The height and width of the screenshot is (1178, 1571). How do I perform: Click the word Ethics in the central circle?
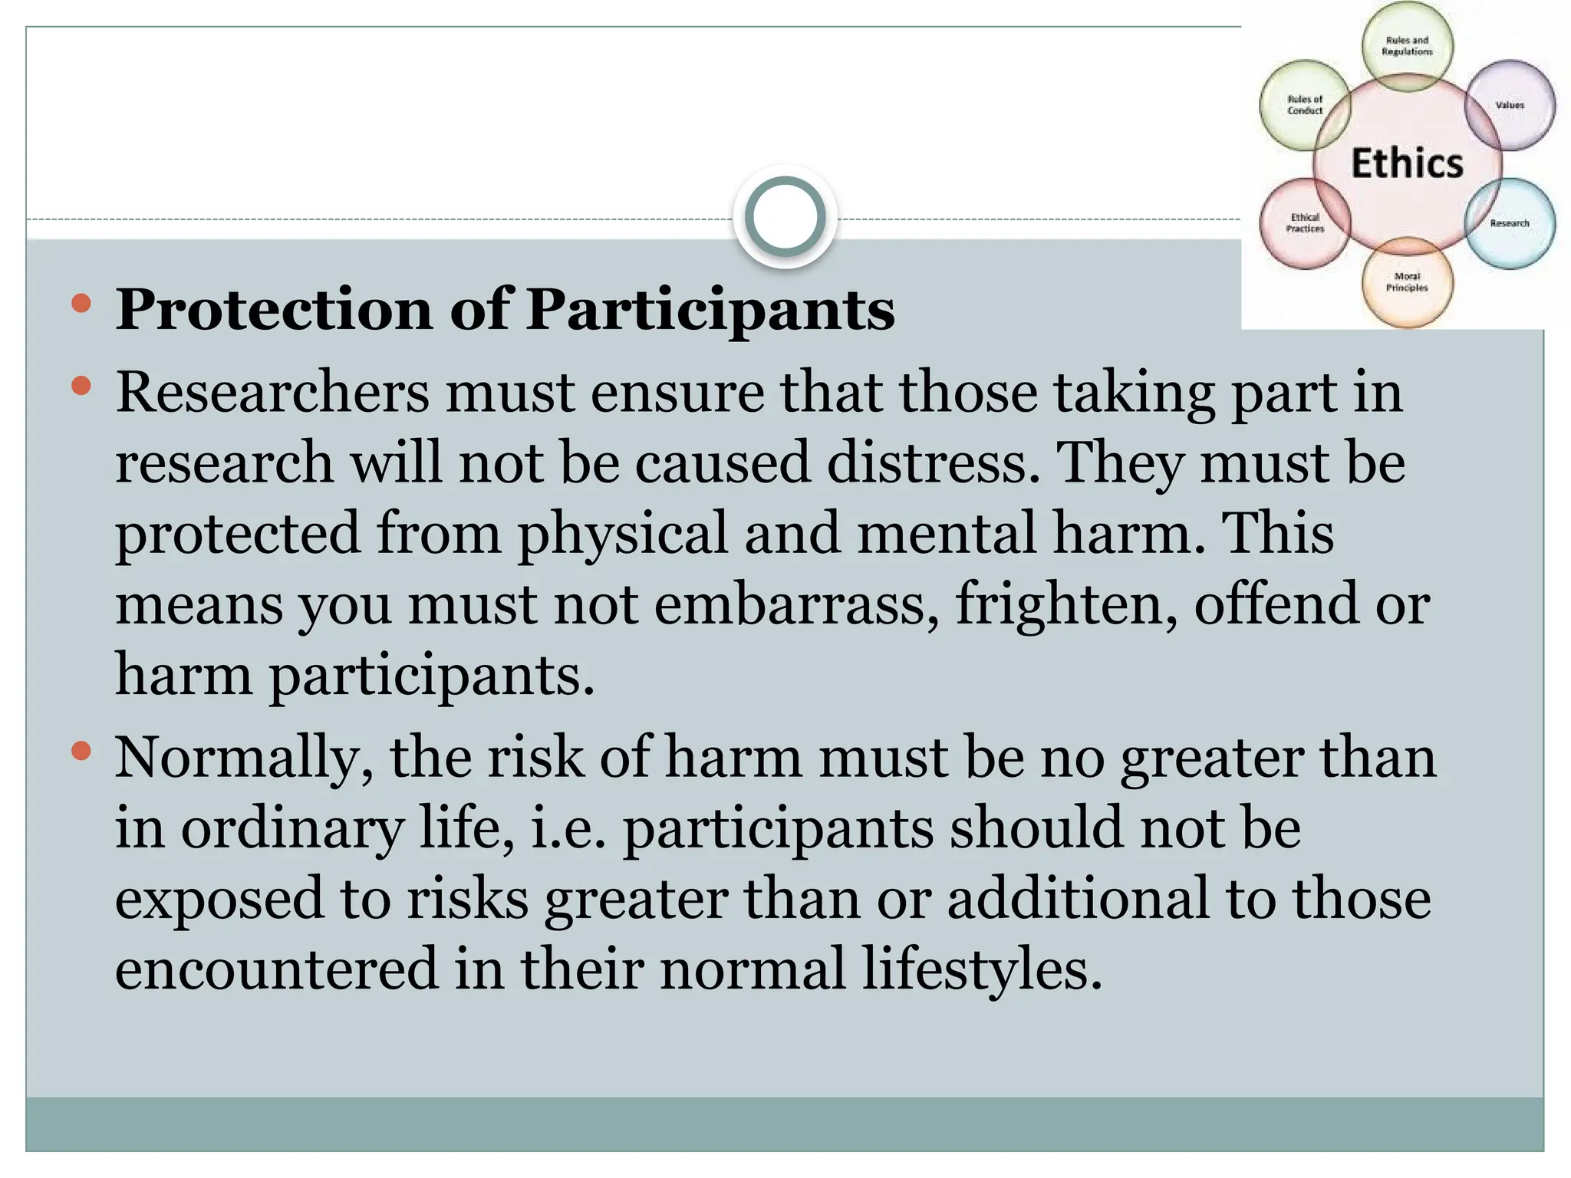[1407, 163]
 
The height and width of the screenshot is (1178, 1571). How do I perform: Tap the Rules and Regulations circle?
[1407, 46]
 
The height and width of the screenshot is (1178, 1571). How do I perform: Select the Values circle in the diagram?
[1510, 105]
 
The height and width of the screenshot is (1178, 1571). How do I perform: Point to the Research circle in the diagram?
[1510, 223]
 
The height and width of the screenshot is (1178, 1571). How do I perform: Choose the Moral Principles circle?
[1407, 282]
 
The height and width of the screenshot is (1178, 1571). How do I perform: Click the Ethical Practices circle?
[1305, 223]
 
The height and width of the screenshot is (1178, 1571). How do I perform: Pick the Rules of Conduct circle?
[1305, 105]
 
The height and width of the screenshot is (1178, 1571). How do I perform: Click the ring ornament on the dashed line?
[785, 217]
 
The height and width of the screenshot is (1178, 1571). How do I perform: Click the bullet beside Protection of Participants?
[81, 304]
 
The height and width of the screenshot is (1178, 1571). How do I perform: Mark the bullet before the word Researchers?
[81, 386]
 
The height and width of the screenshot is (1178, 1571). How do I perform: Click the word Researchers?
[272, 392]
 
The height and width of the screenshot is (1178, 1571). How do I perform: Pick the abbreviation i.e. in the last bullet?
[568, 828]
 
